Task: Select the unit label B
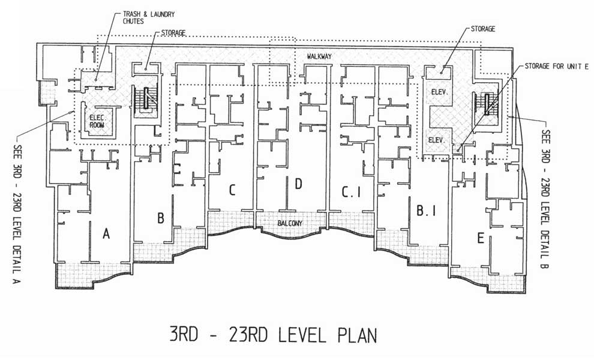161,218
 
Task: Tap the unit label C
232,190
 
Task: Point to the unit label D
299,184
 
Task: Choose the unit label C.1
351,192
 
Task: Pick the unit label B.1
426,211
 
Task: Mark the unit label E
481,238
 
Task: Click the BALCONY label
290,223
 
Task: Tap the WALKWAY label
319,56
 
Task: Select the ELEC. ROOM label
97,121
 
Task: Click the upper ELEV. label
440,92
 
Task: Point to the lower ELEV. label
436,140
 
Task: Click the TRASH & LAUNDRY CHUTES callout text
149,18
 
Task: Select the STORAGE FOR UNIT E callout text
556,67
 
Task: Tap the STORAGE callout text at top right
482,29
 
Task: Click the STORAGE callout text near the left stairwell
173,33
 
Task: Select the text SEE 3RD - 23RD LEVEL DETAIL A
17,214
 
